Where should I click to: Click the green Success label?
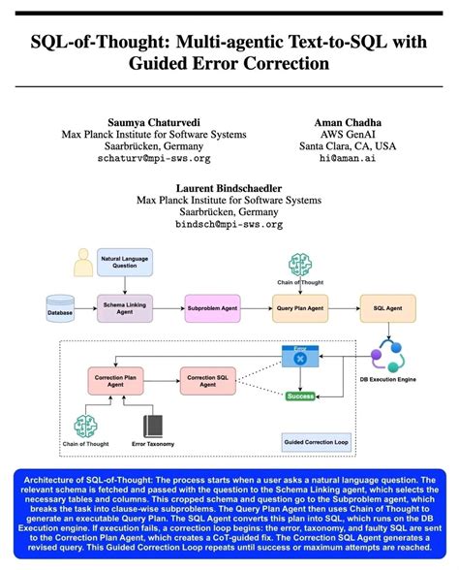pos(300,396)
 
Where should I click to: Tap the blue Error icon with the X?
pos(299,357)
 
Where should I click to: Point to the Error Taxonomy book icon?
pos(152,426)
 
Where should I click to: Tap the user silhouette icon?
pos(83,263)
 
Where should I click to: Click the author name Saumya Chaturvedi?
pos(142,120)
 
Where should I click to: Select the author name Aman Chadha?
pos(344,120)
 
